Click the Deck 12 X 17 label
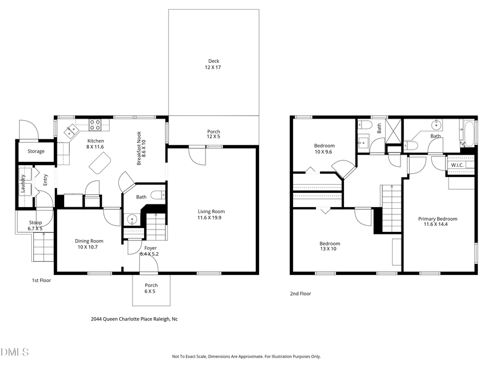(214, 64)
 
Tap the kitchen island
(100, 163)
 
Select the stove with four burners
(95, 125)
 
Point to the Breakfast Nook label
(141, 148)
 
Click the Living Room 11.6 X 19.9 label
(211, 214)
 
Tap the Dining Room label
(89, 244)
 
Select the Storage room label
(36, 151)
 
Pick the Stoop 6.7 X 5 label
(35, 225)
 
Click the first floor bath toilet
(158, 195)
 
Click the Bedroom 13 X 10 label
(330, 246)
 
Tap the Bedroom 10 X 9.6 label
(324, 149)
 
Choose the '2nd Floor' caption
(300, 294)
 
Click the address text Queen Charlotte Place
(134, 319)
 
